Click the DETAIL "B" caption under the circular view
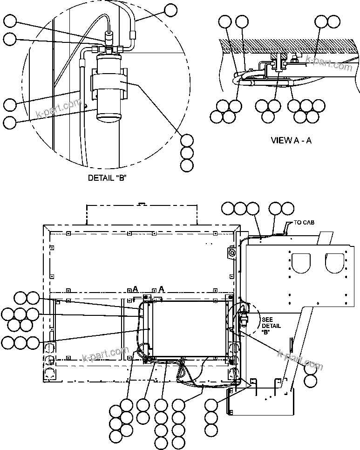pos(108,177)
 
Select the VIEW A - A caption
pos(291,140)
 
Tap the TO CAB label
pos(304,223)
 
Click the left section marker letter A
pos(135,289)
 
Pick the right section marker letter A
pos(161,289)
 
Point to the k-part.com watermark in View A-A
pos(329,63)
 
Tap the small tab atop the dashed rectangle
pos(142,204)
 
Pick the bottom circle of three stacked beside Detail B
pos(187,165)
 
